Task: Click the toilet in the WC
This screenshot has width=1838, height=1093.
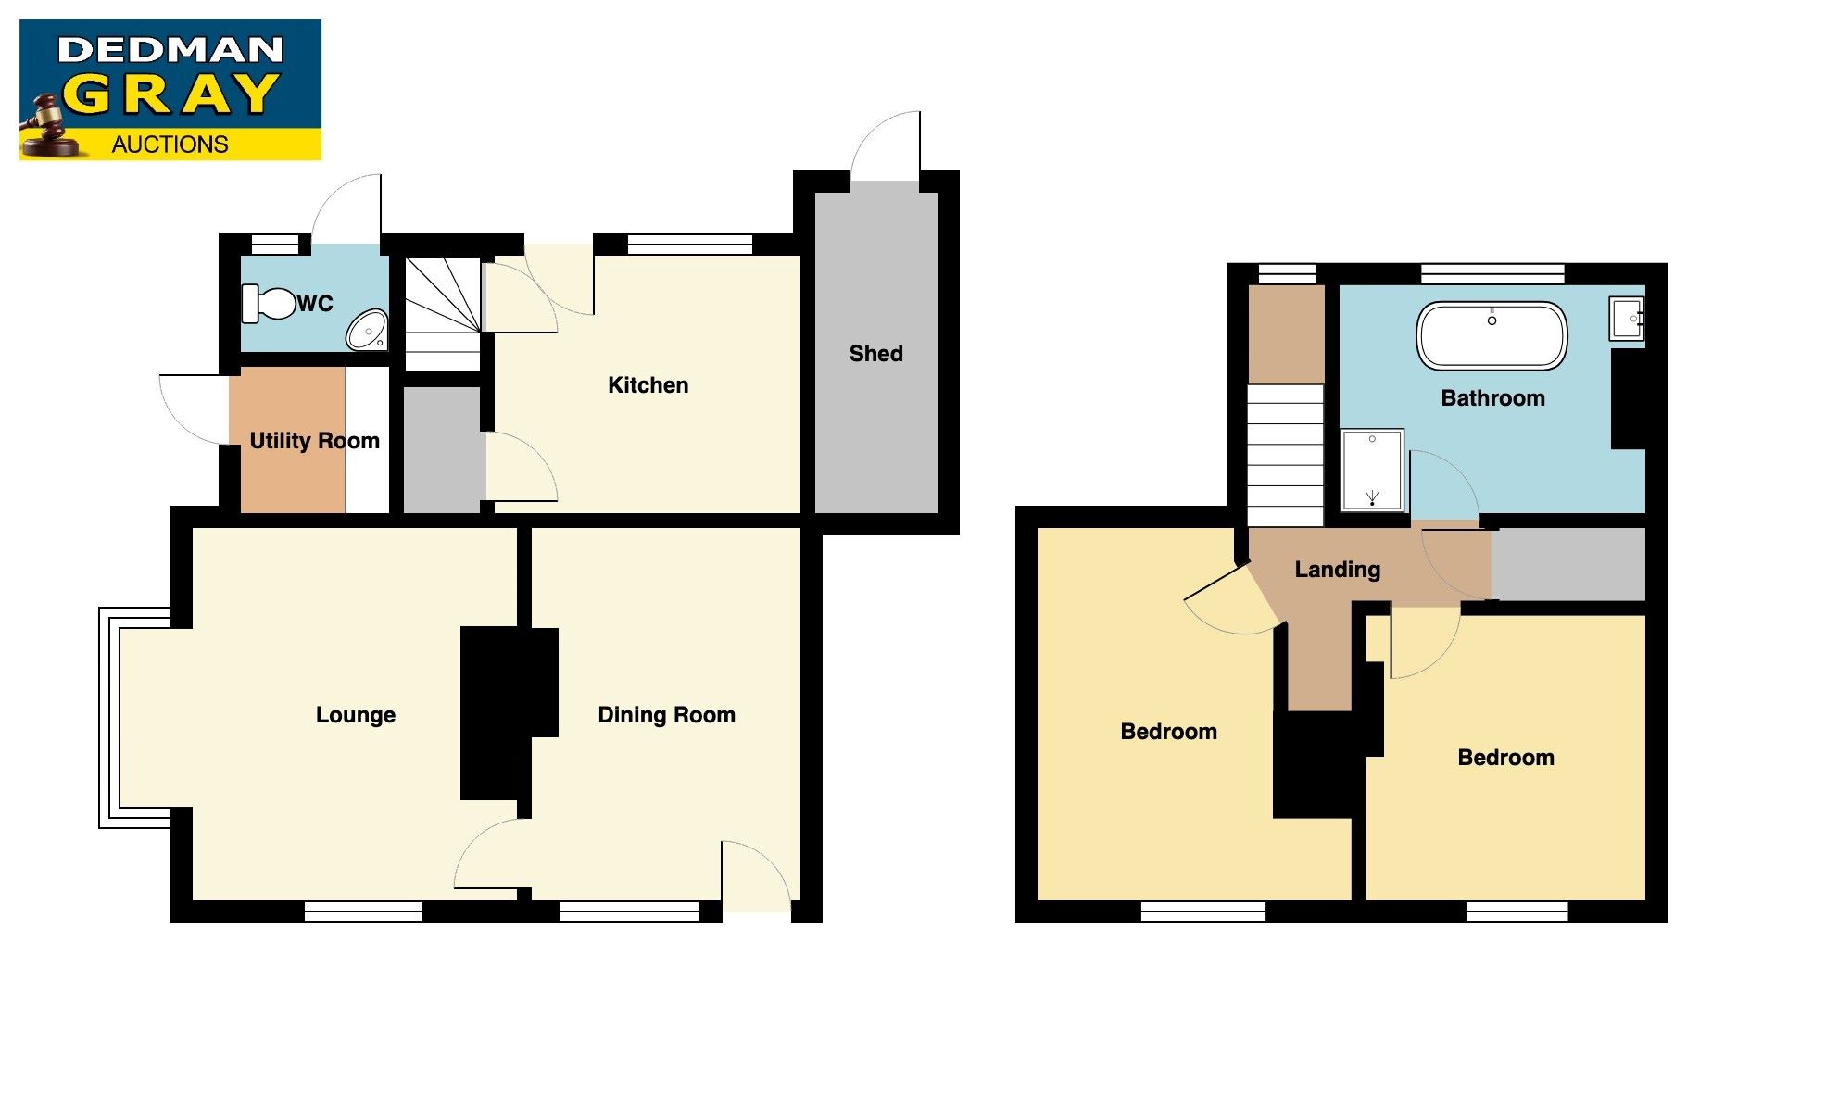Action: [x=269, y=303]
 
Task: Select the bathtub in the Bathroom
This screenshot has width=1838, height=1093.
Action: [x=1492, y=335]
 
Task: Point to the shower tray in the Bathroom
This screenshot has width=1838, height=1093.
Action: [x=1372, y=470]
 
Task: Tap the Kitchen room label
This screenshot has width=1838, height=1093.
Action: [x=648, y=385]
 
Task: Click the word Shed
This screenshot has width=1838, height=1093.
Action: [x=875, y=353]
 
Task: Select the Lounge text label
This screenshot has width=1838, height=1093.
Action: [x=356, y=715]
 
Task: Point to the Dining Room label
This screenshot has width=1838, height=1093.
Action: [x=666, y=715]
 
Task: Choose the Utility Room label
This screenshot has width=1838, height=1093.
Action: [x=314, y=441]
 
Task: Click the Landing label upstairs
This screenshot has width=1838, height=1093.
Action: [x=1337, y=570]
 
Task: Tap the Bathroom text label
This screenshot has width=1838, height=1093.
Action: [x=1492, y=398]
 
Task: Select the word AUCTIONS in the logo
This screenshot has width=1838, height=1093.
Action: [x=170, y=144]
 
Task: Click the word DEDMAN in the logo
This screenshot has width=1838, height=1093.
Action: [x=170, y=50]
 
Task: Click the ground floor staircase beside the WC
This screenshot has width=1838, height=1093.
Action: [x=443, y=312]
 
